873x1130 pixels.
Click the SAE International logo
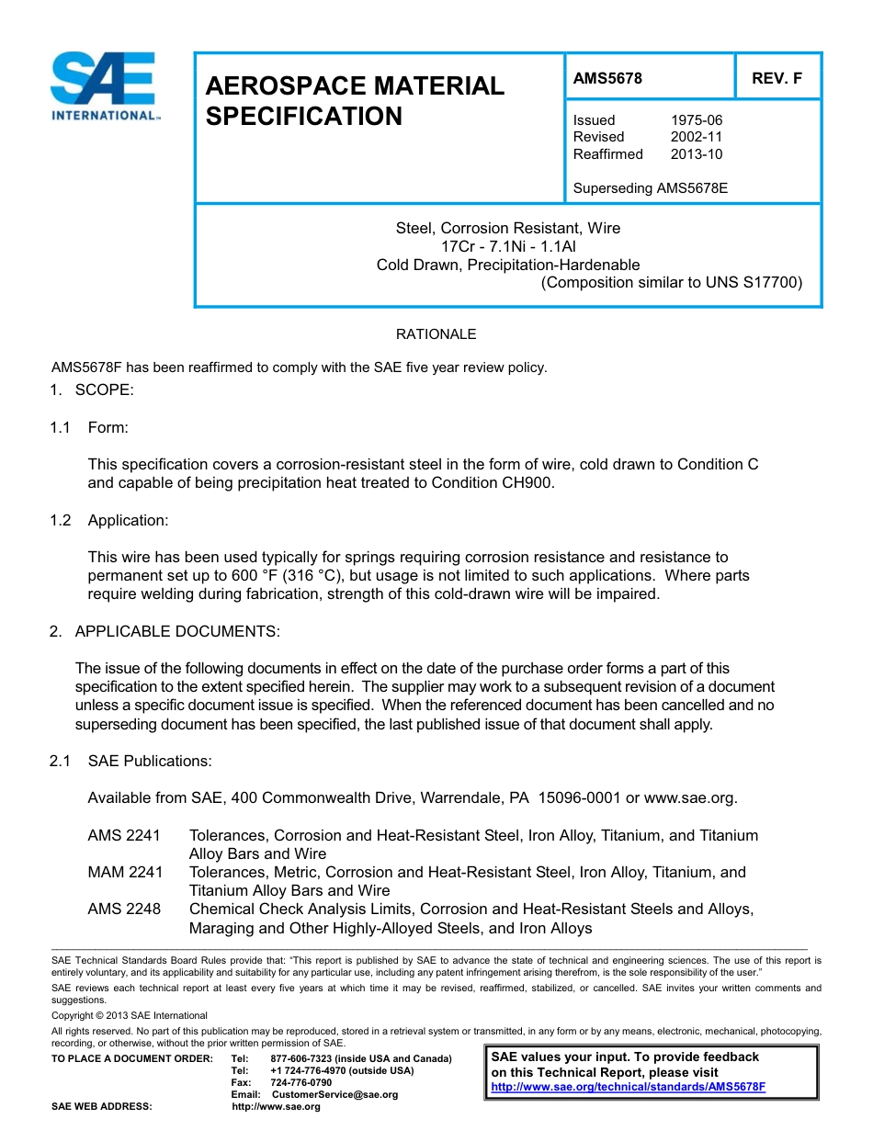tap(105, 85)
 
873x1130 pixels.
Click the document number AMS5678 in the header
tap(607, 79)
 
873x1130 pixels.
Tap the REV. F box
tap(777, 79)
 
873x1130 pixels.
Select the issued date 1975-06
tap(696, 120)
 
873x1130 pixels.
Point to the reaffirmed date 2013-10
tap(696, 154)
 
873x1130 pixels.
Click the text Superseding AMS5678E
tap(650, 188)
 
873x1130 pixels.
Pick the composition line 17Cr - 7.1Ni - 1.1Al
tap(508, 246)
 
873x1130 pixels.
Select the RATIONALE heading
tap(436, 334)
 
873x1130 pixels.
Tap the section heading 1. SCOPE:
tap(92, 390)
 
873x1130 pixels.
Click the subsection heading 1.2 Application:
tap(109, 520)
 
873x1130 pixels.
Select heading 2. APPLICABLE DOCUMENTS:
tap(164, 631)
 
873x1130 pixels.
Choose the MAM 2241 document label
tap(124, 872)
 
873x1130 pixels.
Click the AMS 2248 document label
tap(124, 909)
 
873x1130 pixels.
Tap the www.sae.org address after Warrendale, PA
tap(690, 797)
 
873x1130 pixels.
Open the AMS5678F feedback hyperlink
tap(629, 1086)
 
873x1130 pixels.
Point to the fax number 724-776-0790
tap(301, 1082)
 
